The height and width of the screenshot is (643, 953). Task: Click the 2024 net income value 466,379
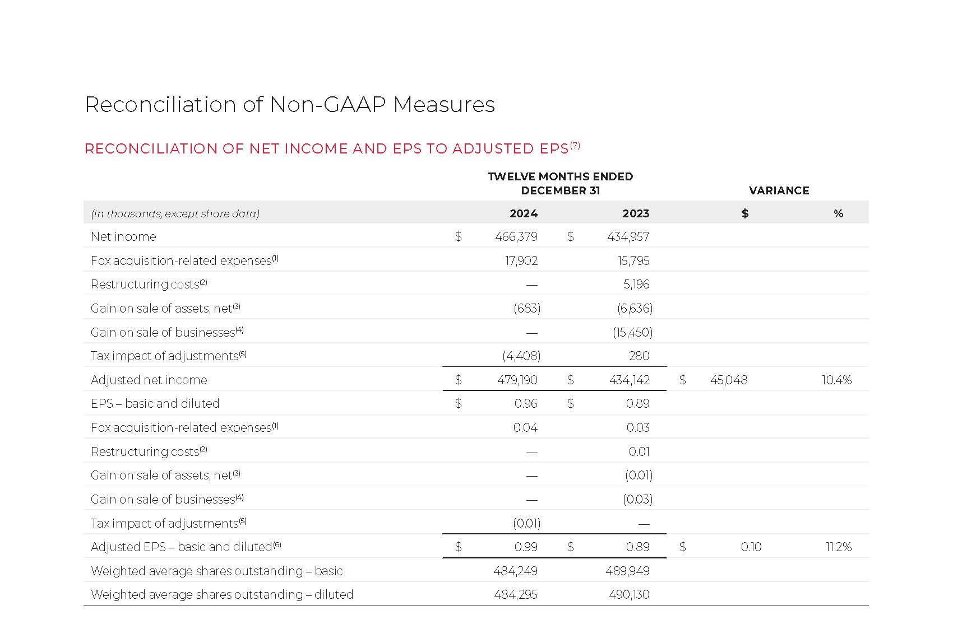[x=516, y=236]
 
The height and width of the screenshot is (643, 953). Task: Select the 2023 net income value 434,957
[x=628, y=236]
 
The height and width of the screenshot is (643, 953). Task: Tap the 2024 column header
[x=523, y=213]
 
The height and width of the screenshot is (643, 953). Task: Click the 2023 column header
[x=635, y=213]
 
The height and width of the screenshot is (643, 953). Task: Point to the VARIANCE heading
[x=779, y=190]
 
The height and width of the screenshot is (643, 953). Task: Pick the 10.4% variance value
[x=836, y=380]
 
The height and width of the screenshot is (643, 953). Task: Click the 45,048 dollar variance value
[x=728, y=380]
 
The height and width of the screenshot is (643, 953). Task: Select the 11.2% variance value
[x=838, y=547]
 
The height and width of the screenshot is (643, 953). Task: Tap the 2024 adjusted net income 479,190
[x=517, y=380]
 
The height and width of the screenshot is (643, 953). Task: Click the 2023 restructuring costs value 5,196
[x=636, y=284]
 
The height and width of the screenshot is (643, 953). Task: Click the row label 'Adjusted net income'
[x=149, y=380]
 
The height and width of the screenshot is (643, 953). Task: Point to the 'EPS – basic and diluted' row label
[x=155, y=403]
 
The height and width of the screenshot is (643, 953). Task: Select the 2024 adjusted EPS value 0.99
[x=525, y=547]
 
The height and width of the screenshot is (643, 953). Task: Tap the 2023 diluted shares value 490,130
[x=629, y=594]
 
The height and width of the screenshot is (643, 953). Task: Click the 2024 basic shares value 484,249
[x=515, y=571]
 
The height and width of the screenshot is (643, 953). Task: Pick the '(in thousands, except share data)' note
[x=175, y=213]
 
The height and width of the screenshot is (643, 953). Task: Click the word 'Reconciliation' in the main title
[x=160, y=105]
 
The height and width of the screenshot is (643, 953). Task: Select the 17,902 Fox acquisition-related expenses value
[x=521, y=260]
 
